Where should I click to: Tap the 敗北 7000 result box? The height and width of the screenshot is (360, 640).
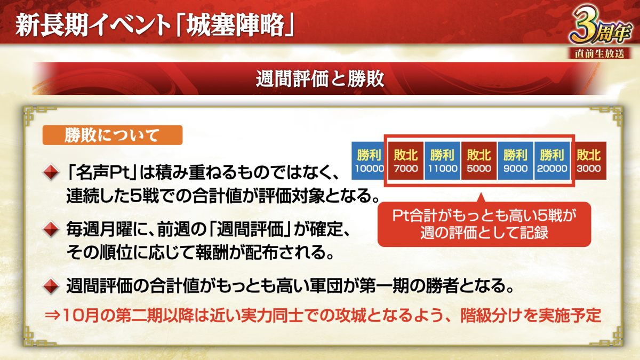click(406, 161)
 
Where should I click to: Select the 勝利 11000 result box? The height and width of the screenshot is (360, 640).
click(442, 161)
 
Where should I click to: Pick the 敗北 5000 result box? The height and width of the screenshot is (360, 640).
click(479, 161)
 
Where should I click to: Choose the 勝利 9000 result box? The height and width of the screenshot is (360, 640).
click(515, 161)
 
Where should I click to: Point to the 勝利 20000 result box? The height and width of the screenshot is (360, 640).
click(552, 161)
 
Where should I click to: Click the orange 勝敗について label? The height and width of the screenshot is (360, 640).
click(113, 135)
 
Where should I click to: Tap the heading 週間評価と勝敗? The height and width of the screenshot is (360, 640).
click(320, 79)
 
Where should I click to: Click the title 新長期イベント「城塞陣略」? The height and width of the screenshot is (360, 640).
click(155, 26)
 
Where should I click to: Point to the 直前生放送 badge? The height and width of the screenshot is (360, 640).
click(599, 54)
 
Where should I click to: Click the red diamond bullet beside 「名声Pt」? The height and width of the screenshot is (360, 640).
click(51, 172)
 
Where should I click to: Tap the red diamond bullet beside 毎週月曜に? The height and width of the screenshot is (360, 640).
click(51, 229)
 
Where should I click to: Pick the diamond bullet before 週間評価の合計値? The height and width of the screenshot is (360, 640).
click(51, 286)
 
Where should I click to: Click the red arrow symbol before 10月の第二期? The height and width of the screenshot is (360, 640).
click(53, 315)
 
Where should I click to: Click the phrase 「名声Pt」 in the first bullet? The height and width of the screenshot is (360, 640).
click(101, 173)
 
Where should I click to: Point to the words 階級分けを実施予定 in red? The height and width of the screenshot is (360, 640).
click(531, 315)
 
